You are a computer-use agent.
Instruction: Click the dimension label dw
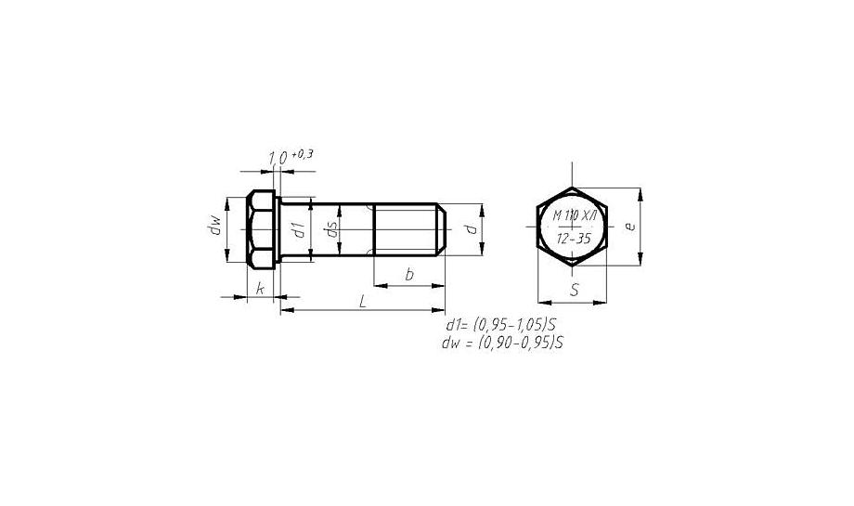click(x=216, y=225)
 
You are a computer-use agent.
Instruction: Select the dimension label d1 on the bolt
click(x=299, y=230)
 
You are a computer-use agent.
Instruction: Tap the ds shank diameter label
click(x=330, y=229)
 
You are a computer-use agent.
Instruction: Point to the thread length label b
click(x=409, y=275)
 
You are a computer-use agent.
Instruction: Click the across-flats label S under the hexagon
click(x=574, y=291)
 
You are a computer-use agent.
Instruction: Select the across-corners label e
click(x=630, y=226)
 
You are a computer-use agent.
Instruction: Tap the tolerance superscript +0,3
click(x=303, y=154)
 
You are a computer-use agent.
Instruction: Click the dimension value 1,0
click(x=278, y=158)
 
